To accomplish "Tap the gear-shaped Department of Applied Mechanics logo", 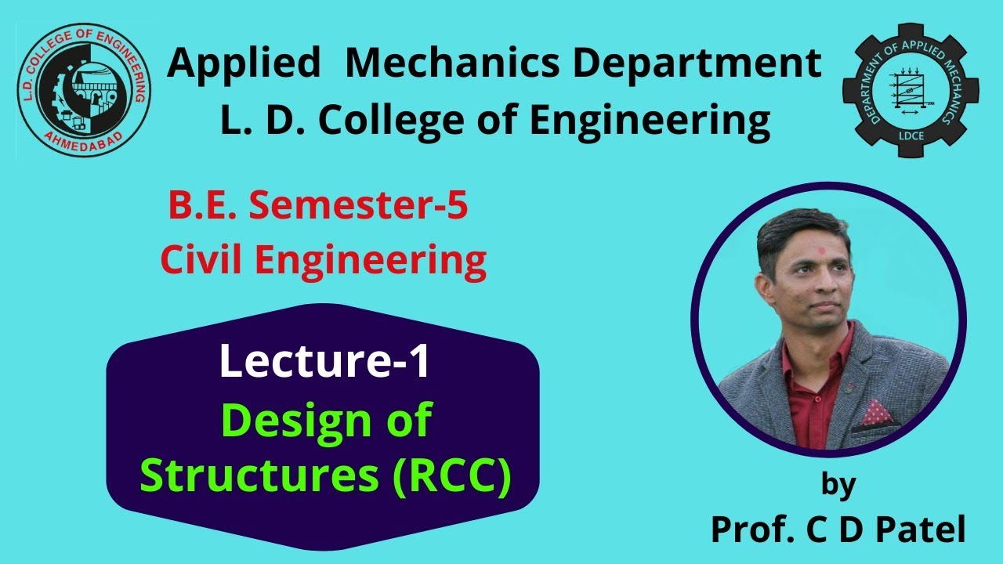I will [x=909, y=92].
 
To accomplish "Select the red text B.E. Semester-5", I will [x=318, y=208].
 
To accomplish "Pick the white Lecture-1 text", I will [x=324, y=362].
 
